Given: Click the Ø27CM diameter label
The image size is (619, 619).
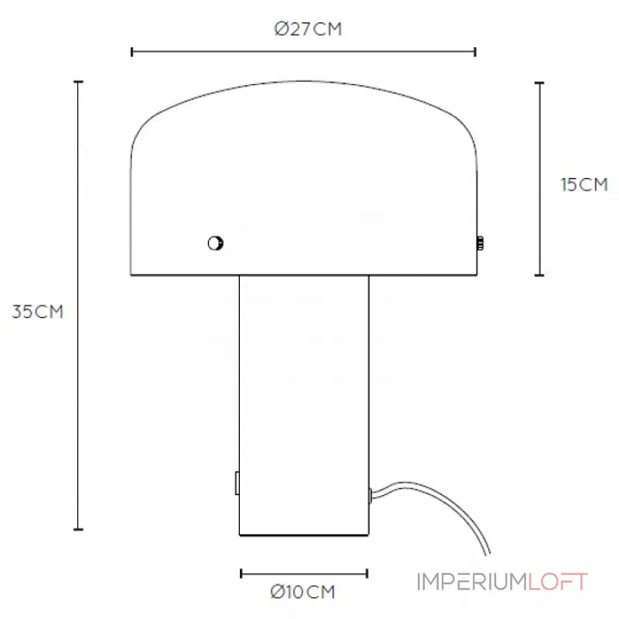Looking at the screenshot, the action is point(308,29).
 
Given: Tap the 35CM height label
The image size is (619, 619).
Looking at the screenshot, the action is point(37,312).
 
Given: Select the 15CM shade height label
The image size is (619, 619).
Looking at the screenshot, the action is point(584,185).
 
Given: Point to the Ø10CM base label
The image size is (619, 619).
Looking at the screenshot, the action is point(303,592).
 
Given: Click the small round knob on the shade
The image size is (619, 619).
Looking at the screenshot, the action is point(216,243).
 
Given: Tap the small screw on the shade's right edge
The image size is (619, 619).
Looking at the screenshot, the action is point(480,243).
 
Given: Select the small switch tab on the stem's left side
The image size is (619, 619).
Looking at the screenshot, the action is point(237,483).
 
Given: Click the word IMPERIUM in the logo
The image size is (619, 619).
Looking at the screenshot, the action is point(473,582).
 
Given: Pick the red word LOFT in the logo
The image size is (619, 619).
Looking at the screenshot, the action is point(558,582).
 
